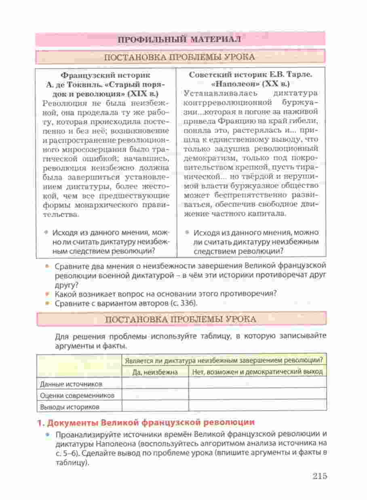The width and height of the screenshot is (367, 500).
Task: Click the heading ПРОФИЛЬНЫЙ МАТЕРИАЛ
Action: (x=179, y=39)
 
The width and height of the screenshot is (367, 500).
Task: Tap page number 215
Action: (x=319, y=476)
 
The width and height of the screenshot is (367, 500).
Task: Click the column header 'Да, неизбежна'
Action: (x=155, y=371)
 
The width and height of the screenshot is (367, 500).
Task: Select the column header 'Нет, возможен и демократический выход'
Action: (x=257, y=371)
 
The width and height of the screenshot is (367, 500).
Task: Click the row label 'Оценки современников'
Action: (x=77, y=395)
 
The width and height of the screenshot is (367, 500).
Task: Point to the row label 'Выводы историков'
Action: (x=68, y=406)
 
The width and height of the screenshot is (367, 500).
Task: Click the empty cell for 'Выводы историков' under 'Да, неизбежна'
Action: (x=155, y=406)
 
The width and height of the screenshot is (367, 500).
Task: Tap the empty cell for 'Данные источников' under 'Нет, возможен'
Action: (x=257, y=383)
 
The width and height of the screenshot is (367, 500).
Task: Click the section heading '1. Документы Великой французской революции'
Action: (x=146, y=422)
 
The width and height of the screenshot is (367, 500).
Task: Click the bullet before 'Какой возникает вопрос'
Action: (x=48, y=294)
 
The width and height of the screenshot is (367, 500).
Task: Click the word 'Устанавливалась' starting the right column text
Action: (x=212, y=94)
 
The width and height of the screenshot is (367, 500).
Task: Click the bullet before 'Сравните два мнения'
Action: (x=48, y=267)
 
